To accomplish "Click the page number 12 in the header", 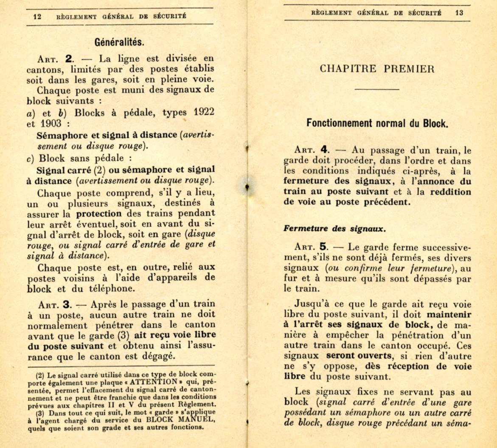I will (37, 17).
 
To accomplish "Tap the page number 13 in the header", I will (459, 13).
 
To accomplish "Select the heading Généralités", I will (120, 43).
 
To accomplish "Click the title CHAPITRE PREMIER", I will (377, 69).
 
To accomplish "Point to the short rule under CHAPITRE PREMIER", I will (377, 90).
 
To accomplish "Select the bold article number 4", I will (325, 150).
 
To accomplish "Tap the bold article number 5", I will (325, 247).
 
